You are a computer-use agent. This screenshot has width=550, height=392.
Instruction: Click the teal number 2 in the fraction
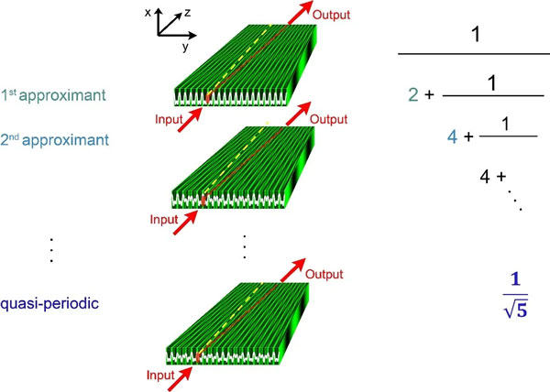[x=414, y=93]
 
